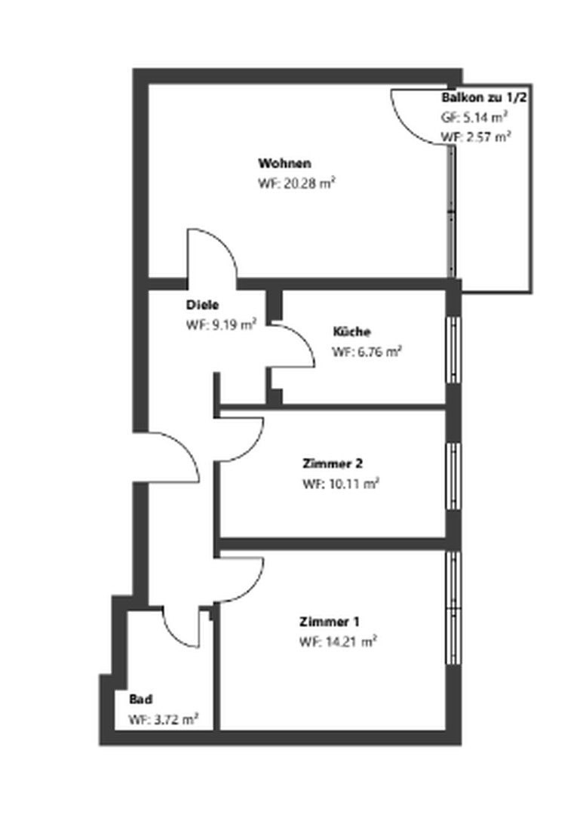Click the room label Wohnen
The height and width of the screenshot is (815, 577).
click(x=284, y=163)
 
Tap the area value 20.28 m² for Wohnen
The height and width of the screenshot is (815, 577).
click(x=296, y=183)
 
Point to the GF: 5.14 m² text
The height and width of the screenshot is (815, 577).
click(x=474, y=118)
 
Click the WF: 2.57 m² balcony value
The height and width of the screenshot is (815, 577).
click(x=476, y=137)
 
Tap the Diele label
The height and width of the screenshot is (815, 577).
click(x=202, y=306)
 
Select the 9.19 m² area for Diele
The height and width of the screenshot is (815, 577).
click(x=221, y=325)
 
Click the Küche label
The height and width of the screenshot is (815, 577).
click(x=351, y=332)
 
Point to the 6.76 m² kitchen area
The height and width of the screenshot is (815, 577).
click(x=367, y=352)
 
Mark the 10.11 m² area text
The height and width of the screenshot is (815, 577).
click(x=340, y=484)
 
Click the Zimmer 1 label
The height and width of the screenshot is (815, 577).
click(x=329, y=623)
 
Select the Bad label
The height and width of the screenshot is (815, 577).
click(x=140, y=700)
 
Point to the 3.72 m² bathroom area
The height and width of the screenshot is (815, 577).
click(x=163, y=719)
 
